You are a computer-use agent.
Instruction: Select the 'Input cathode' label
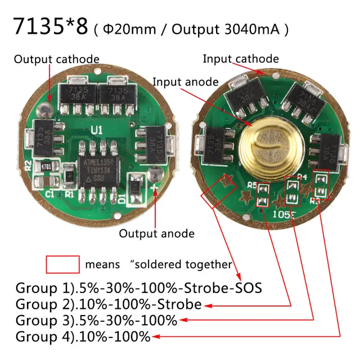[x=241, y=58]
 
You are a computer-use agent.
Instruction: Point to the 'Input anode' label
[x=185, y=82]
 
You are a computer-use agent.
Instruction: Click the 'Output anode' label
[x=157, y=233]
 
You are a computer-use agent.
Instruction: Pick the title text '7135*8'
[x=50, y=27]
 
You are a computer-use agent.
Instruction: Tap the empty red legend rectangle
[x=62, y=264]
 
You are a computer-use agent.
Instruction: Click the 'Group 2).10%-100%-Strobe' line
[x=109, y=305]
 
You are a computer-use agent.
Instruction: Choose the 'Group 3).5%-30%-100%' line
[x=96, y=321]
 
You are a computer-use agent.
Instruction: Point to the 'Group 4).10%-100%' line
[x=83, y=337]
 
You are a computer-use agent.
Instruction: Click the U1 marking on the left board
[x=97, y=130]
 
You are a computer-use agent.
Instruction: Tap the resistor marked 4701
[x=46, y=168]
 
